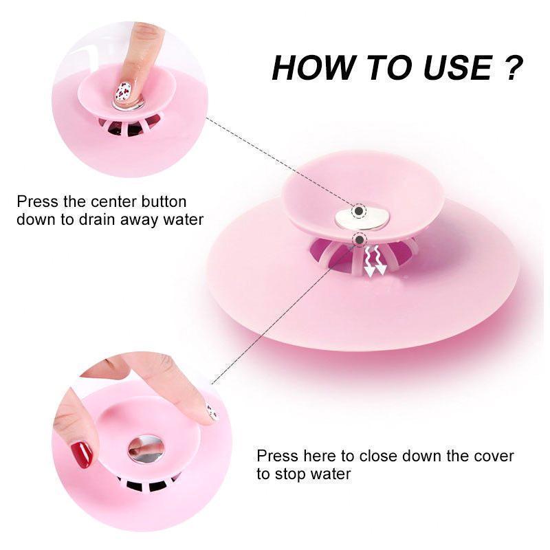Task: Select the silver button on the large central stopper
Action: (x=362, y=219)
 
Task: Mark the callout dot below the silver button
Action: (x=359, y=239)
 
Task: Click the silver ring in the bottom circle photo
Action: (x=146, y=448)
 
